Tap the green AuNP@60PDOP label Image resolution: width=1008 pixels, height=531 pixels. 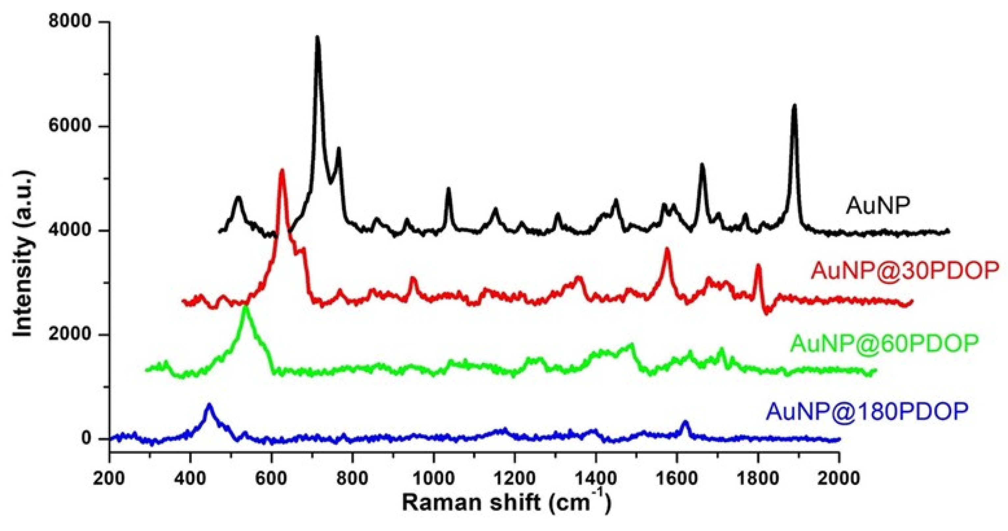[x=884, y=343]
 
